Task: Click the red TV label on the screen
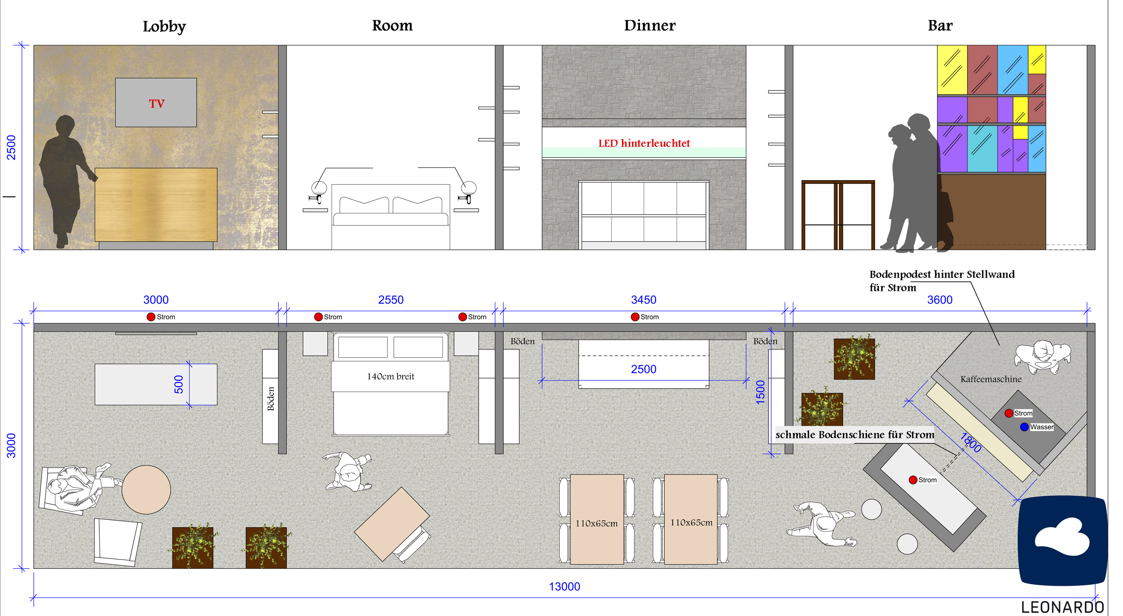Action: (156, 103)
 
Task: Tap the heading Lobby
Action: (164, 26)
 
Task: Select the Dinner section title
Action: (649, 25)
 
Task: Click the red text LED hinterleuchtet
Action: (644, 143)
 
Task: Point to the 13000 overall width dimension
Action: (564, 586)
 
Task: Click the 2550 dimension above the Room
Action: (390, 300)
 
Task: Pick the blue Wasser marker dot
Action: (1025, 427)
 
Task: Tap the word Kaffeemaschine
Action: (991, 379)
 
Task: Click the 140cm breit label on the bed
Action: (390, 376)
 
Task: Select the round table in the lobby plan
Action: (146, 489)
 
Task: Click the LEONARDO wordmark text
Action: (1062, 607)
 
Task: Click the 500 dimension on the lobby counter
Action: (179, 384)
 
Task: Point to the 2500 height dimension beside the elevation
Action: (11, 147)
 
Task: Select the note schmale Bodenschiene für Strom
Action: (855, 435)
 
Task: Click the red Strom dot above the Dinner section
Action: (635, 317)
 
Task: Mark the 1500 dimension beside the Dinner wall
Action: (760, 392)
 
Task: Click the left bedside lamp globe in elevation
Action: (319, 188)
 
